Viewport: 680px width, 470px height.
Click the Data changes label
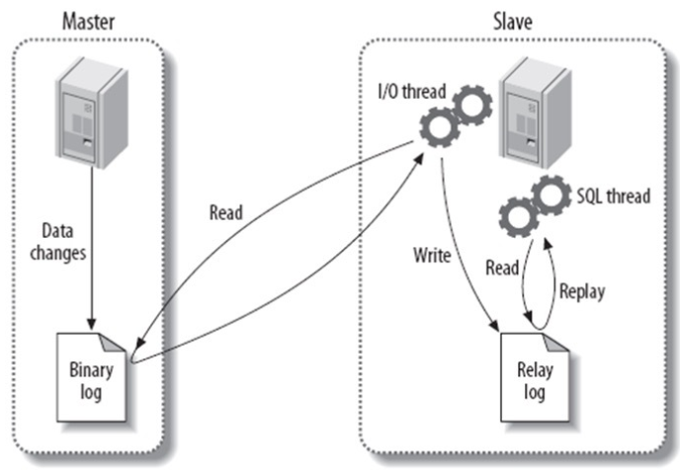[63, 241]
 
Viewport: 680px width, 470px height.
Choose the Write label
[432, 256]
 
